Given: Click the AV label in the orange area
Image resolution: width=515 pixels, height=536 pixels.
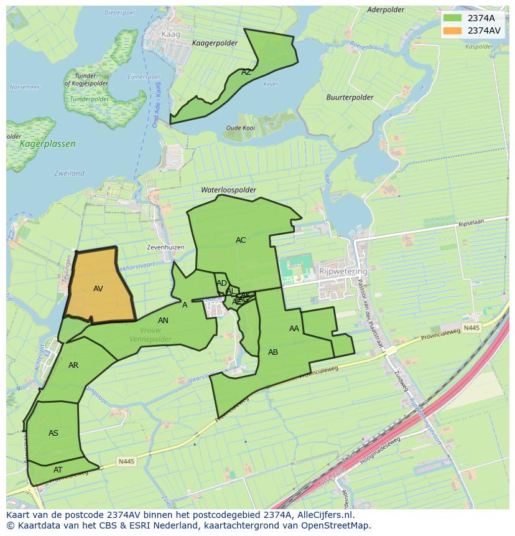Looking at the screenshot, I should pos(98,289).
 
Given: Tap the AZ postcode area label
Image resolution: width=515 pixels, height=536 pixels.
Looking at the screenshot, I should pos(246,72).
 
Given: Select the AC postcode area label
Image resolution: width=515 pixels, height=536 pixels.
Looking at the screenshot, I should pos(241,240).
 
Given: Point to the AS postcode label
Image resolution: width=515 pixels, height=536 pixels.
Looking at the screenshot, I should pos(53,433).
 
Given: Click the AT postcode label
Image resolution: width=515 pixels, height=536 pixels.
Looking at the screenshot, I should pos(58,470).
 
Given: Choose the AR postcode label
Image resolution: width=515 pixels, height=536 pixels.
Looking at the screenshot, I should pos(73,365).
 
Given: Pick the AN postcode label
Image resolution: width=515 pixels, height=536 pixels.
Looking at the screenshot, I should pos(163,321).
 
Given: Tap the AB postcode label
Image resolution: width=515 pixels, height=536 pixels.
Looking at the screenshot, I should pos(273,352).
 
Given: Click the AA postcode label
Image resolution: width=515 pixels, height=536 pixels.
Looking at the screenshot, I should pos(294,329).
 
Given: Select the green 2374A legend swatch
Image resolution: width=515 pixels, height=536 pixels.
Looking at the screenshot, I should pos(453,18).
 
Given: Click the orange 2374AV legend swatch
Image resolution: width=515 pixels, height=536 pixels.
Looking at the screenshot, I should pos(453,31).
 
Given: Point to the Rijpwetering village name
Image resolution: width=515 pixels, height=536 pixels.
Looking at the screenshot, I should pos(343,272).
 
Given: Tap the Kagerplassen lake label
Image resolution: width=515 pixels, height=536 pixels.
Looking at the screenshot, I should pos(48,144).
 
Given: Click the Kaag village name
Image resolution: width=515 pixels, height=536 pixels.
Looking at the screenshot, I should pos(170,35).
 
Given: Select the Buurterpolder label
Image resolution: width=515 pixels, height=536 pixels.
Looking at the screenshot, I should pos(350,98).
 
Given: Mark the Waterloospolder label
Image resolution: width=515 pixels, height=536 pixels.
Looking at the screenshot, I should pos(228,190).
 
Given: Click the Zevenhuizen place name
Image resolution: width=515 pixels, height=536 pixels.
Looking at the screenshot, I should pos(165,247).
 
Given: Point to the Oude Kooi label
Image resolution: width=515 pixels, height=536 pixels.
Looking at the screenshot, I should pos(241,128).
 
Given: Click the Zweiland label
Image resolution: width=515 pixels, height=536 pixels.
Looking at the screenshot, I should pos(69,173).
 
